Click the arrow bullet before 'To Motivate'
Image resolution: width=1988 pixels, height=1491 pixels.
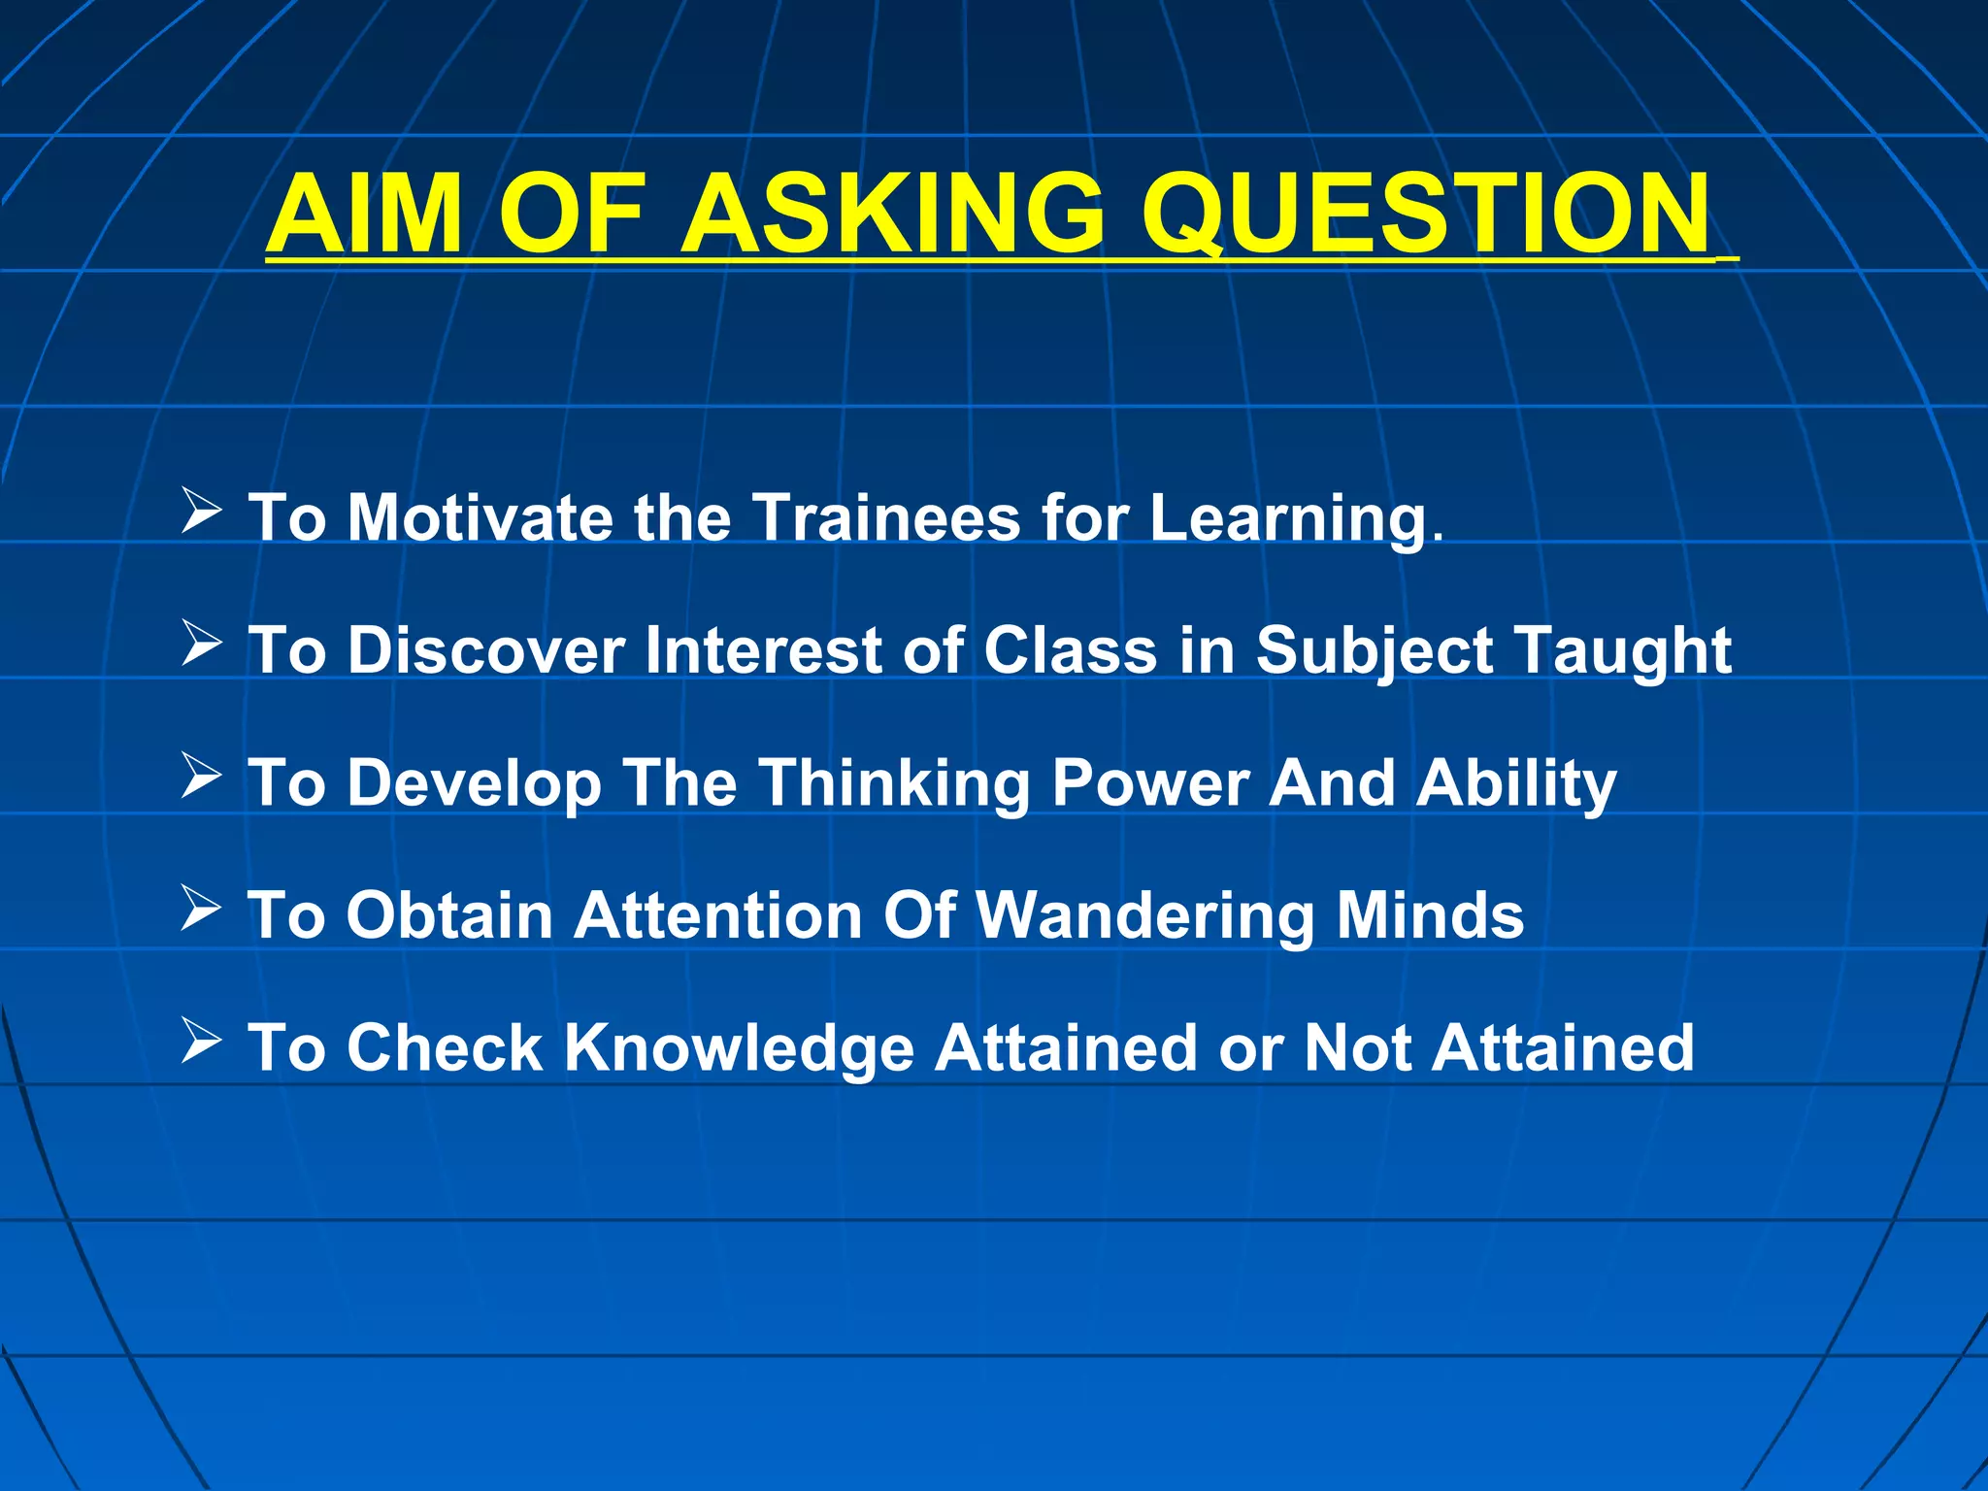point(201,512)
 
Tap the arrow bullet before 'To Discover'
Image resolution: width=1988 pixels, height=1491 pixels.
point(201,644)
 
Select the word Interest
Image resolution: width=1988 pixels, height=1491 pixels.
point(762,649)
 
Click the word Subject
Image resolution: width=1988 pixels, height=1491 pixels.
point(1374,651)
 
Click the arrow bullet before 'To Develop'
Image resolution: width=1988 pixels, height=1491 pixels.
point(201,777)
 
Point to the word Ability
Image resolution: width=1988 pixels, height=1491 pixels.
point(1516,783)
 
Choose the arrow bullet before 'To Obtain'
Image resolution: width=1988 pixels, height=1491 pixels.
point(201,910)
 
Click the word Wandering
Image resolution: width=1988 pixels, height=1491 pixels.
point(1144,916)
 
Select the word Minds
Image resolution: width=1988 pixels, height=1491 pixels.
point(1430,915)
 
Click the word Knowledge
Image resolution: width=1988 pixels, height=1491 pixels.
point(739,1049)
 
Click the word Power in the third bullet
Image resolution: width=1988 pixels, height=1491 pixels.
point(1150,782)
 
